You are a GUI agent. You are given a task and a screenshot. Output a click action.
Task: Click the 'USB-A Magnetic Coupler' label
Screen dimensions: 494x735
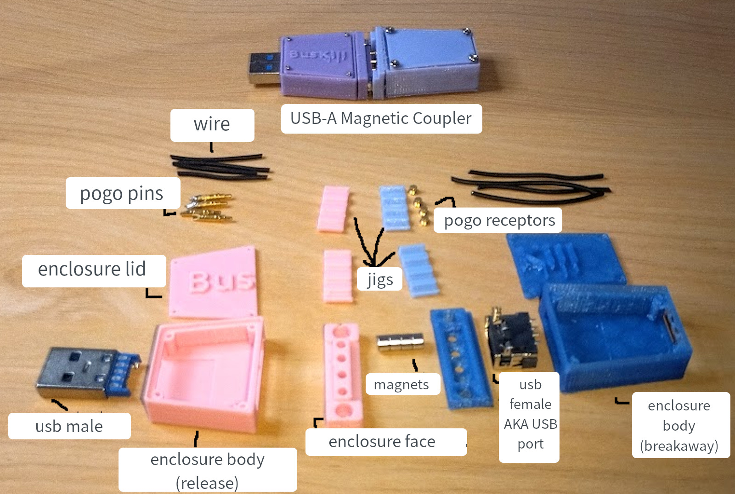click(x=381, y=119)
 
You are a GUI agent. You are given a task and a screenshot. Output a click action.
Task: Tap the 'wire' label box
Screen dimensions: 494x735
click(x=212, y=125)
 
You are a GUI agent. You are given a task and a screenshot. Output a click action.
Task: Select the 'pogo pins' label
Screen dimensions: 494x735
click(x=122, y=193)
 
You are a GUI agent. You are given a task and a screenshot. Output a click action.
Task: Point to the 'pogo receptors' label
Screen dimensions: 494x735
click(x=499, y=221)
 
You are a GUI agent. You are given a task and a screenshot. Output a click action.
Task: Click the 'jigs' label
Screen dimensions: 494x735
click(x=380, y=279)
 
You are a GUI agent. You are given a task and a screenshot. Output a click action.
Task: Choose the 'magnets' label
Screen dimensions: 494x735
click(x=401, y=385)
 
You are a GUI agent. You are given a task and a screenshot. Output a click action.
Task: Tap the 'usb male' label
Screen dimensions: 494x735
click(x=69, y=426)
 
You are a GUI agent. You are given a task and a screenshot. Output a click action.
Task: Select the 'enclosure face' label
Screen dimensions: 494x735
click(x=382, y=442)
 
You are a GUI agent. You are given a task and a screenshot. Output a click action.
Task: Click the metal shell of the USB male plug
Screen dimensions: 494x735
click(x=73, y=372)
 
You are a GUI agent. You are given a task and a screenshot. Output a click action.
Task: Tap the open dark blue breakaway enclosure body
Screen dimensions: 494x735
click(x=616, y=335)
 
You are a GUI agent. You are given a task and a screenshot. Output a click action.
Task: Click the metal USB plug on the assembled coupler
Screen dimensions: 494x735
click(x=265, y=68)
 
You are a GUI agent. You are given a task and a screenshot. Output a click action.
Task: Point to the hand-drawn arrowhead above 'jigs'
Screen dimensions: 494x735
click(x=373, y=262)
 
